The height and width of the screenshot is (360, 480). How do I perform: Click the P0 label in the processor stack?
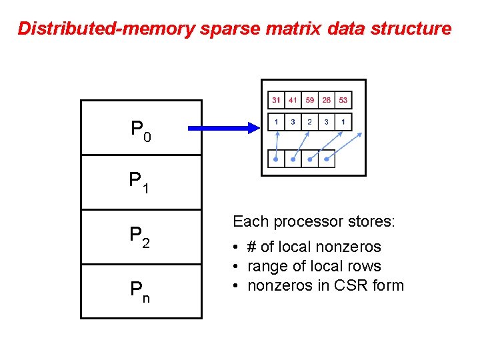pyautogui.click(x=141, y=131)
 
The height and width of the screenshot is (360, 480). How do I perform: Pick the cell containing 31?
pyautogui.click(x=276, y=101)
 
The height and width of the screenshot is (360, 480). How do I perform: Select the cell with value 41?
pyautogui.click(x=293, y=101)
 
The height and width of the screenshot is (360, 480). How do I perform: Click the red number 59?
pyautogui.click(x=309, y=101)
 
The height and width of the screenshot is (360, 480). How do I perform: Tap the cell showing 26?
pyautogui.click(x=326, y=101)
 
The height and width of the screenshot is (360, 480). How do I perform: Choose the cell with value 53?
pyautogui.click(x=343, y=101)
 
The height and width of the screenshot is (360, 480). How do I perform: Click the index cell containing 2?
pyautogui.click(x=309, y=122)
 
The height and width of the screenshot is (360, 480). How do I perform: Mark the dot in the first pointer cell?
pyautogui.click(x=276, y=159)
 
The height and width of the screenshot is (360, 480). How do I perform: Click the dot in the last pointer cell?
pyautogui.click(x=326, y=159)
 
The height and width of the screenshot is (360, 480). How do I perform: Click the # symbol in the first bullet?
pyautogui.click(x=251, y=247)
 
